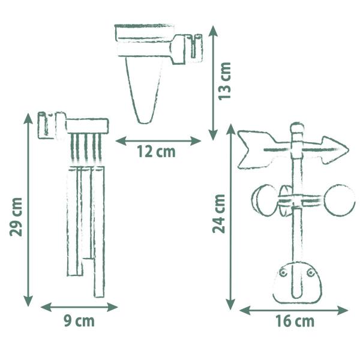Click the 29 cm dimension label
(x=16, y=217)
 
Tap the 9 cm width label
(x=79, y=321)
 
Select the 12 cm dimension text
(x=156, y=152)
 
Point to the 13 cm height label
(x=224, y=81)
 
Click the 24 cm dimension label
(x=218, y=214)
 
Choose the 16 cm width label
(x=295, y=321)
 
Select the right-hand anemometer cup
(x=340, y=200)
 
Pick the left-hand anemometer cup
(x=264, y=200)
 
